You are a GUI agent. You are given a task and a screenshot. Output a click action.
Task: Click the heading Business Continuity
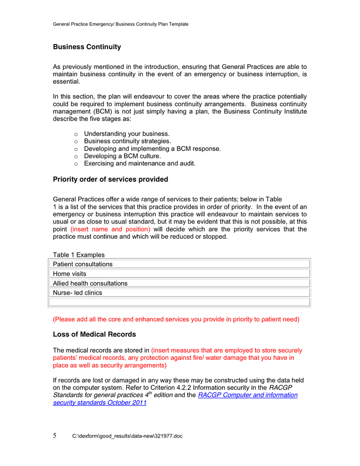pyautogui.click(x=87, y=47)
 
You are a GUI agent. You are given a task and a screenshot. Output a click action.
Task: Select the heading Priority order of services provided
pyautogui.click(x=110, y=180)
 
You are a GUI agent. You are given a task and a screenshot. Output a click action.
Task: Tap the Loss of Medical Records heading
pyautogui.click(x=94, y=334)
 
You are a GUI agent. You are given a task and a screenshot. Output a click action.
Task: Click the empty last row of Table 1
pyautogui.click(x=180, y=302)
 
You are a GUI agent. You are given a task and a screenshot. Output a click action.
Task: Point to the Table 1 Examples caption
pyautogui.click(x=79, y=255)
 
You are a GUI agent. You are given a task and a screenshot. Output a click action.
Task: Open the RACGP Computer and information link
pyautogui.click(x=247, y=395)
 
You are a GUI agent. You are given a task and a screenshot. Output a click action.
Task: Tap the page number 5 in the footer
pyautogui.click(x=55, y=435)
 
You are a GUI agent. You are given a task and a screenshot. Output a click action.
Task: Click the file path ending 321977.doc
pyautogui.click(x=127, y=436)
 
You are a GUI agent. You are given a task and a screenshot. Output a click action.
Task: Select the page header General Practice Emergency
pyautogui.click(x=121, y=24)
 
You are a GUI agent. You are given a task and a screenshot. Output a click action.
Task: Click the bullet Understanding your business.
pyautogui.click(x=127, y=134)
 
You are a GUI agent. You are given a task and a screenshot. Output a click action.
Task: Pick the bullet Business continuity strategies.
pyautogui.click(x=127, y=141)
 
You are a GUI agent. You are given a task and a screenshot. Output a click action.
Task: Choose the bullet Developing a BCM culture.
pyautogui.click(x=122, y=156)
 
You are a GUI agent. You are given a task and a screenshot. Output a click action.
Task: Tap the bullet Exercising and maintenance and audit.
pyautogui.click(x=140, y=164)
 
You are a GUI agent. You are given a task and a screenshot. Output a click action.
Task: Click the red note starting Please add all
pyautogui.click(x=176, y=319)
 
